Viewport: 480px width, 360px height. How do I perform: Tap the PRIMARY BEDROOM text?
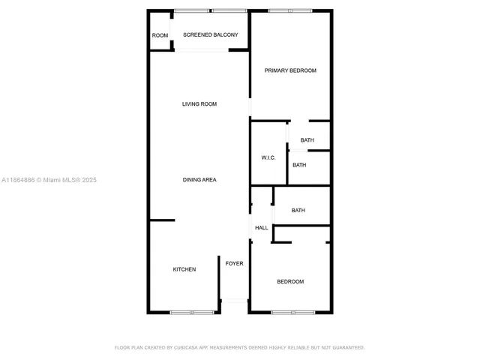[290, 70]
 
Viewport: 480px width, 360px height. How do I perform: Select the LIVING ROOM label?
[199, 104]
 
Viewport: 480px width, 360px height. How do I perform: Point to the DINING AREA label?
[199, 180]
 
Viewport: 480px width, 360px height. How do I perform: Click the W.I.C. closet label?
[268, 157]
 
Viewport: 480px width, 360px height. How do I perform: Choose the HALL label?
[262, 228]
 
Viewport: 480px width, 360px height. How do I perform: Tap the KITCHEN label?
[184, 269]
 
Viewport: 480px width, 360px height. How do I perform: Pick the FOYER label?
[234, 263]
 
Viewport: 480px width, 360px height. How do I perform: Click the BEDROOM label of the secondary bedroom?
[290, 281]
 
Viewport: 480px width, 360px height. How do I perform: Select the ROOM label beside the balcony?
[160, 35]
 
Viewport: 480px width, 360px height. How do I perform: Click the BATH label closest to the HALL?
[298, 211]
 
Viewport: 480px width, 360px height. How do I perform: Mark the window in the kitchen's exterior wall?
[192, 312]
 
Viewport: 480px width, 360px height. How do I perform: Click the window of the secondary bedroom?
[293, 312]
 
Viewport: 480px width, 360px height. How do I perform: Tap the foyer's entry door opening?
[234, 301]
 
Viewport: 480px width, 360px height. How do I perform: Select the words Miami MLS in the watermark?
[62, 180]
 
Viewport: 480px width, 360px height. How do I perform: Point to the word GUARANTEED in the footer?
[347, 348]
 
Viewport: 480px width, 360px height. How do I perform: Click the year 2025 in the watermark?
[89, 180]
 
